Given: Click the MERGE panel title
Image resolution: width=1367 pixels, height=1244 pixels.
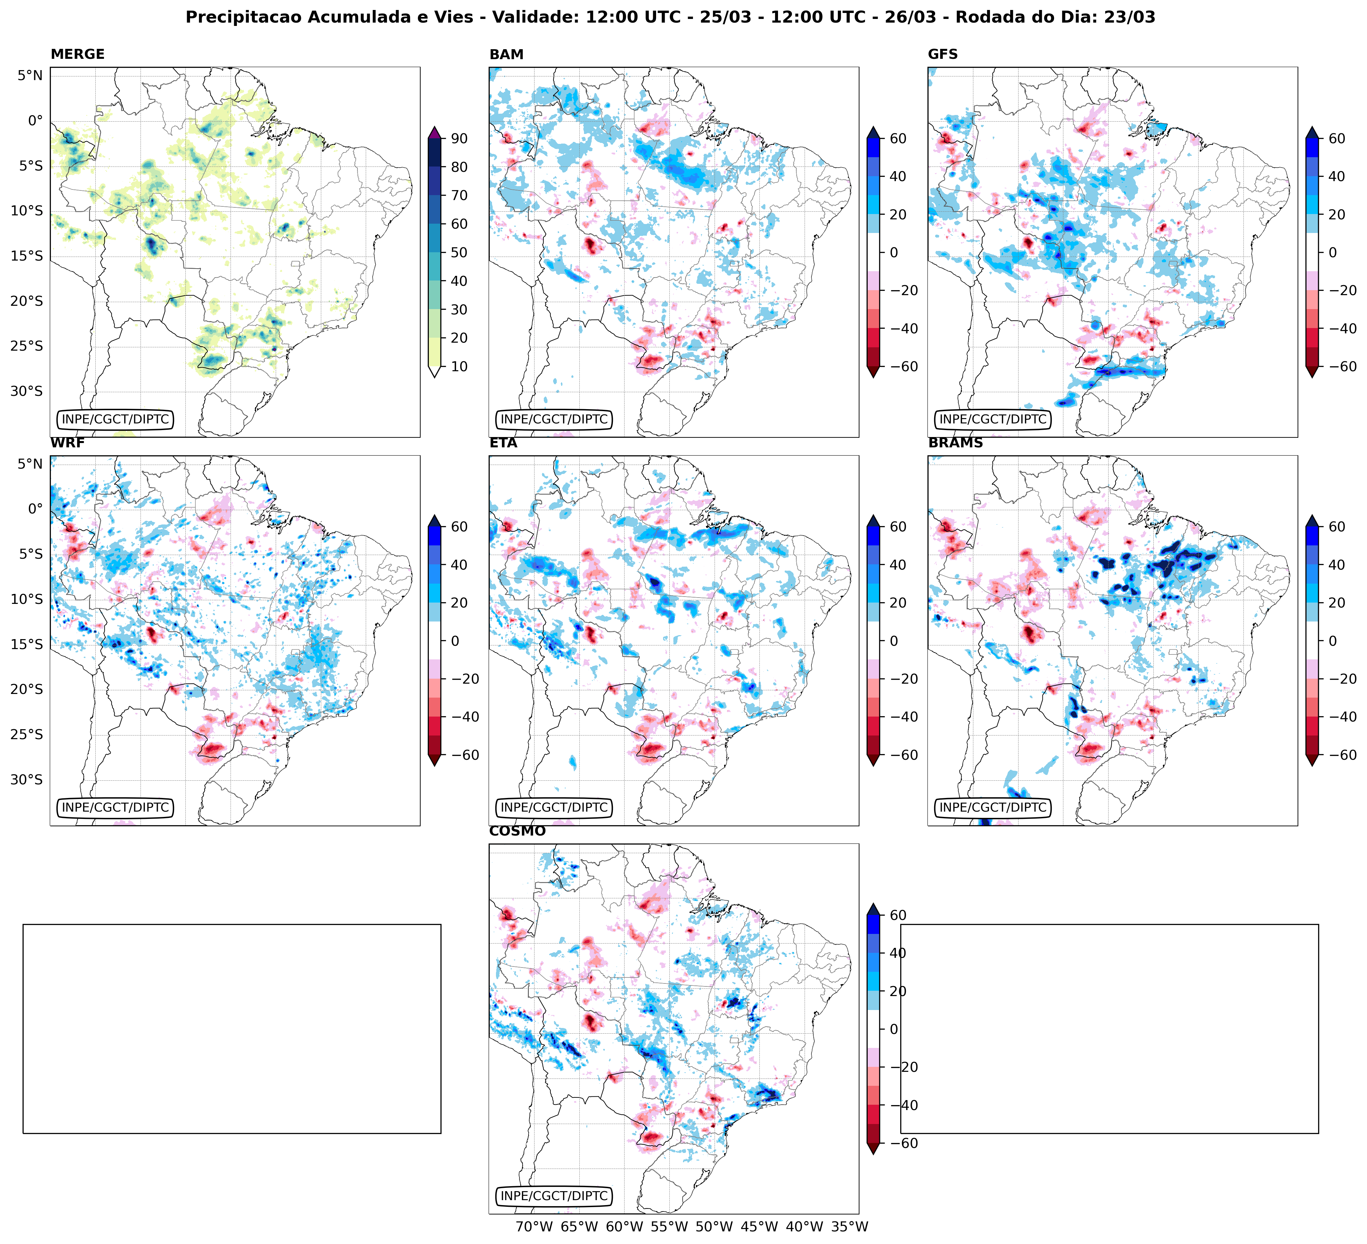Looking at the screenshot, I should pyautogui.click(x=77, y=54).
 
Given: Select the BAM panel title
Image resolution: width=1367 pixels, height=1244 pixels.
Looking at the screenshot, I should pyautogui.click(x=506, y=54).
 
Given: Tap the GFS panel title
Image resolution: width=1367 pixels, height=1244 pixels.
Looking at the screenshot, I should pyautogui.click(x=942, y=54).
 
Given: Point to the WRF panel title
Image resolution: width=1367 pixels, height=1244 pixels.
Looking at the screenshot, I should pyautogui.click(x=67, y=443).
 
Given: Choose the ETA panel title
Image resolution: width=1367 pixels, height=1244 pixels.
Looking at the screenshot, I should pyautogui.click(x=503, y=443).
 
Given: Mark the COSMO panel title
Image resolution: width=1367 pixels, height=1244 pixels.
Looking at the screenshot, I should pyautogui.click(x=517, y=832).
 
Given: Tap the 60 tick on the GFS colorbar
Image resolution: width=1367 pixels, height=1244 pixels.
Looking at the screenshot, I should pyautogui.click(x=1336, y=138).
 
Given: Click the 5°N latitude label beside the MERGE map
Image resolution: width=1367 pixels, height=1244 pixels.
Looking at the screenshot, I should pyautogui.click(x=30, y=75).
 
